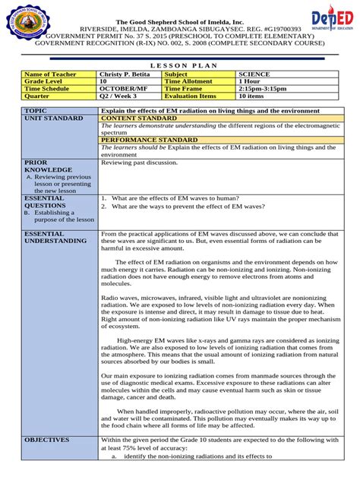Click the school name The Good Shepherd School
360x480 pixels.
(x=180, y=22)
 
